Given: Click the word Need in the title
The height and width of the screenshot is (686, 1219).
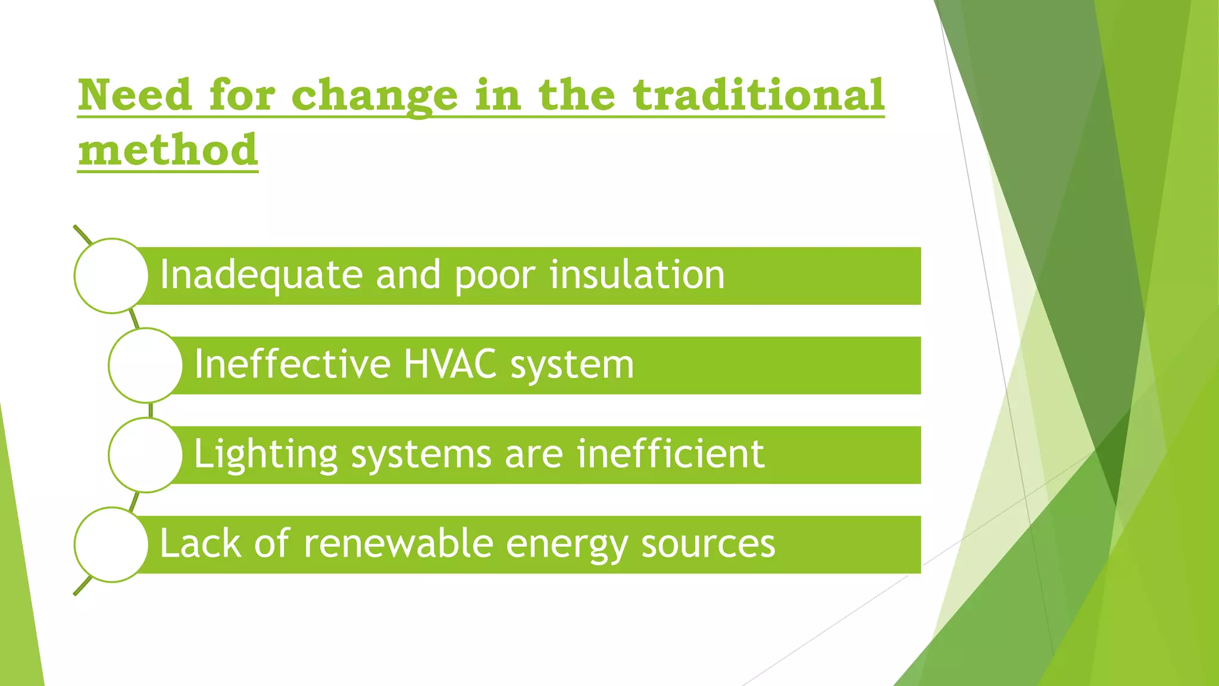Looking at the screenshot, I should click(x=135, y=95).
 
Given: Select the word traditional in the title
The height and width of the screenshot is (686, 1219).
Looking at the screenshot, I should click(x=758, y=95).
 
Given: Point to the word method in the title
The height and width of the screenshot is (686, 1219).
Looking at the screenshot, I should click(x=168, y=149).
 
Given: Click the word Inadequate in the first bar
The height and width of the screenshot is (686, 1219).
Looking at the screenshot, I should click(x=261, y=276).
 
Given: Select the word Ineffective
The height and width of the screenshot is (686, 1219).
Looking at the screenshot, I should click(x=292, y=364).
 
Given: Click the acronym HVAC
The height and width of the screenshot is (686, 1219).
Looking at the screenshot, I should click(x=450, y=364).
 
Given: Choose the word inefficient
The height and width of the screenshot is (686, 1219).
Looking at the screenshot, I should click(x=670, y=454).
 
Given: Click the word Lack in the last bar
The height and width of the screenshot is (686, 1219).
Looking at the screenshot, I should click(x=200, y=544).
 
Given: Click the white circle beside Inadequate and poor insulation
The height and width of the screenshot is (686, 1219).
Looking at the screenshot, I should click(x=111, y=276).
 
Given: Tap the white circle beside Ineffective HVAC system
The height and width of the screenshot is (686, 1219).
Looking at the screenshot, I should click(x=145, y=365).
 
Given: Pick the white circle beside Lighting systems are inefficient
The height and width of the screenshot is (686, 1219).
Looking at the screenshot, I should click(x=145, y=455).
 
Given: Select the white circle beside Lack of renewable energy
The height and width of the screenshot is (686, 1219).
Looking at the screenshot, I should click(x=111, y=544).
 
